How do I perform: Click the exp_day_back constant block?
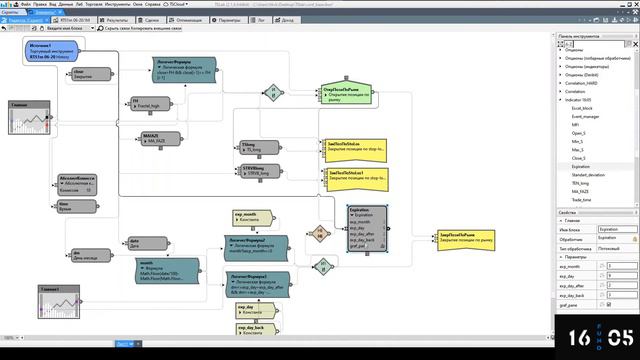pyautogui.click(x=252, y=331)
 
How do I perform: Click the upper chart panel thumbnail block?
pyautogui.click(x=29, y=118)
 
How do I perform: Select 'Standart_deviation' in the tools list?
pyautogui.click(x=590, y=175)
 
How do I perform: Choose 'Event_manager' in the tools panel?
pyautogui.click(x=587, y=116)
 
